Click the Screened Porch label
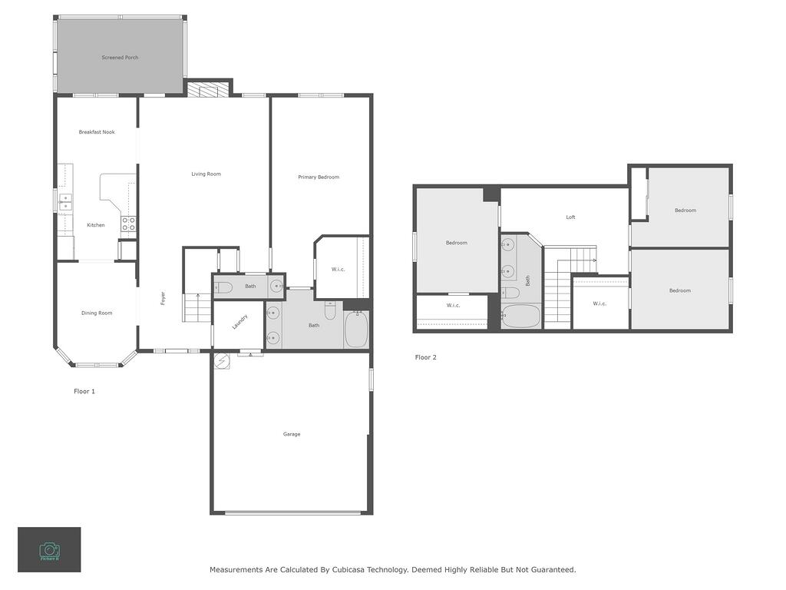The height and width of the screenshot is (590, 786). [120, 58]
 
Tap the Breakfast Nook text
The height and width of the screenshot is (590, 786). [97, 132]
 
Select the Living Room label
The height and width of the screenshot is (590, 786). [206, 174]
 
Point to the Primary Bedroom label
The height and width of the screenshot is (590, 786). [319, 177]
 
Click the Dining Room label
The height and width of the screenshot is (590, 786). [97, 313]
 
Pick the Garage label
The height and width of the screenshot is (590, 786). [292, 435]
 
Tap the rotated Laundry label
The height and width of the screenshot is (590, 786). [240, 322]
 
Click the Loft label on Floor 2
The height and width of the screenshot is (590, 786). [570, 217]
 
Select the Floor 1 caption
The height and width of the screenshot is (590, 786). [84, 392]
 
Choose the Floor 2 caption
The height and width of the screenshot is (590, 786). [425, 358]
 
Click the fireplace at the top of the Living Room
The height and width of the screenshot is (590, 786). [208, 90]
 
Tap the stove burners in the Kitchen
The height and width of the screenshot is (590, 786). [129, 224]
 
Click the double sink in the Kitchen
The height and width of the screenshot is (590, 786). [65, 201]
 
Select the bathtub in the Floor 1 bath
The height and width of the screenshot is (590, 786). [356, 330]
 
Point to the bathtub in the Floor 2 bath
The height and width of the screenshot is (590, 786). [521, 315]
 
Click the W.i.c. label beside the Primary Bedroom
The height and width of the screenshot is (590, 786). [338, 270]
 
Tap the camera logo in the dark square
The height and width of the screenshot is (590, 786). [49, 549]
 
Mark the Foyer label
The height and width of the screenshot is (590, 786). [163, 297]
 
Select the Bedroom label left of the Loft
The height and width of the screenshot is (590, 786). [456, 244]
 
